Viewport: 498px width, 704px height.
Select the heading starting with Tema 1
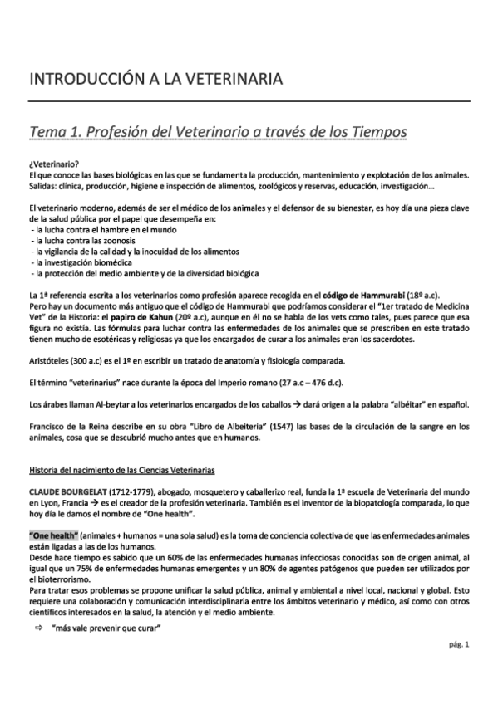(x=218, y=132)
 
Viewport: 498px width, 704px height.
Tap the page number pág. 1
(x=458, y=667)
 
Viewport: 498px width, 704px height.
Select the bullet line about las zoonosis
(x=75, y=239)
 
